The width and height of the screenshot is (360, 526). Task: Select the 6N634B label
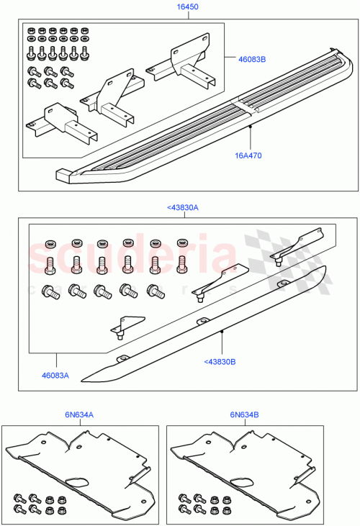pos(246,414)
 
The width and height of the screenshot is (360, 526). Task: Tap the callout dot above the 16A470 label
pos(250,126)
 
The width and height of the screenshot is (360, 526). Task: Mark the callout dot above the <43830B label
pos(222,331)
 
